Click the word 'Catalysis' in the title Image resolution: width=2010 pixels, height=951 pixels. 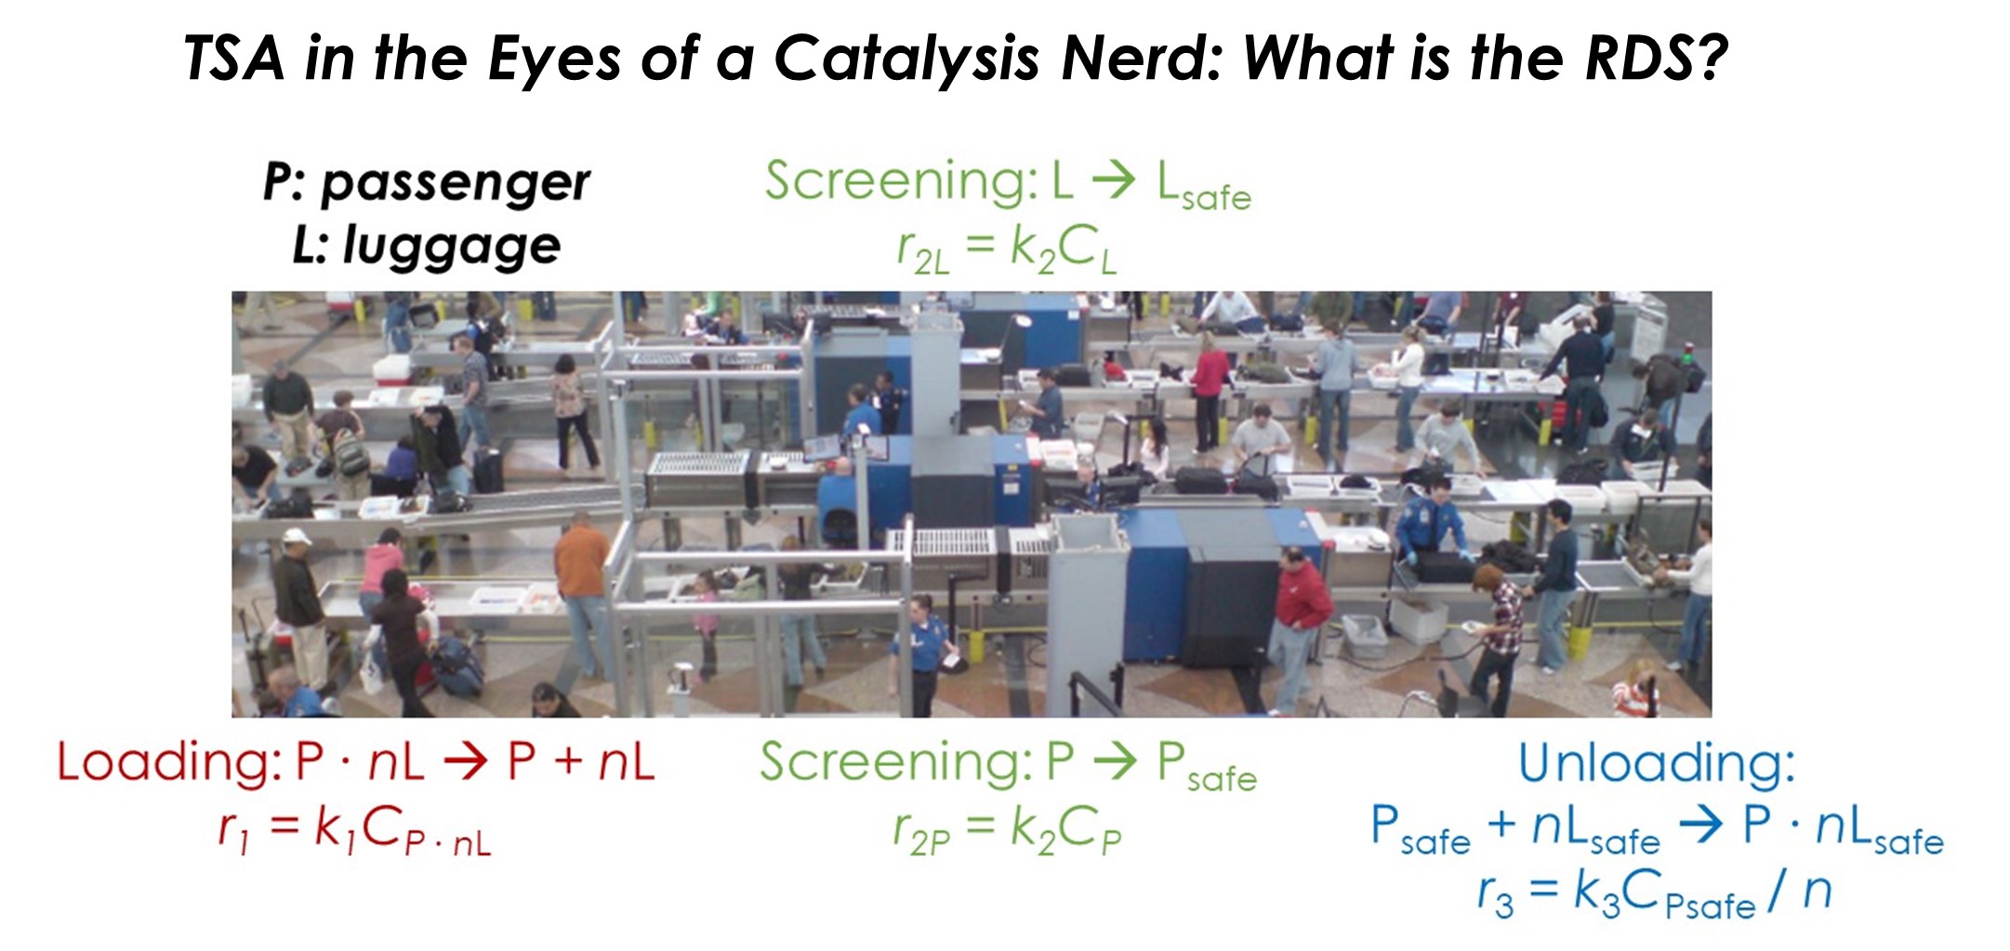click(x=906, y=59)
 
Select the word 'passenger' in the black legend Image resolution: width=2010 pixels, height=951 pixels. click(x=456, y=182)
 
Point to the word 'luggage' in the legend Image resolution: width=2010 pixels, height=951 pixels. click(x=452, y=246)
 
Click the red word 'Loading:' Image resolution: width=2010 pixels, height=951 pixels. click(x=168, y=762)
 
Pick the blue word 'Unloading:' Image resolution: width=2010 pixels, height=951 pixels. click(x=1657, y=763)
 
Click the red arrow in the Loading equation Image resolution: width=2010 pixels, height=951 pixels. click(x=466, y=763)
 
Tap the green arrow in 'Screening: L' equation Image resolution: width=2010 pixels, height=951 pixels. click(x=1114, y=181)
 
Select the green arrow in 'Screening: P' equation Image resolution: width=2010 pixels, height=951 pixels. click(x=1115, y=763)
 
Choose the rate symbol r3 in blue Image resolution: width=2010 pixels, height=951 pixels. click(x=1495, y=894)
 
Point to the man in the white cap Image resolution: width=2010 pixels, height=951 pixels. click(x=299, y=604)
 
